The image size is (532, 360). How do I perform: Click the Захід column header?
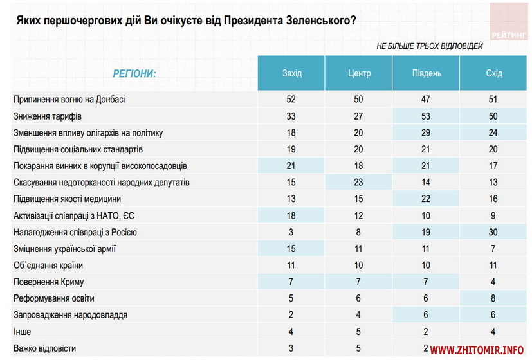[291, 73]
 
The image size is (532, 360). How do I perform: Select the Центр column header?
[359, 73]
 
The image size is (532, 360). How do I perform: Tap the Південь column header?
[427, 73]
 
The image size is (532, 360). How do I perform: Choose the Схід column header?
[494, 73]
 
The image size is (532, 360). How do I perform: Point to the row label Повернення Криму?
[49, 282]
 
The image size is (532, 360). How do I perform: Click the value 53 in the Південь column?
[427, 116]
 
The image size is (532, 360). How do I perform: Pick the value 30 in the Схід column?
[494, 232]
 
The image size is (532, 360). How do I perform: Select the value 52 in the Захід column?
[291, 100]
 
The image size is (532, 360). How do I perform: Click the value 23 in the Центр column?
[359, 183]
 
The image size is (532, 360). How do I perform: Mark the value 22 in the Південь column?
[427, 199]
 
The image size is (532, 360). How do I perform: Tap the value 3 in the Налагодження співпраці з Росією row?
[291, 232]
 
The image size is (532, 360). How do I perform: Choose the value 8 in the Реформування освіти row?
[494, 298]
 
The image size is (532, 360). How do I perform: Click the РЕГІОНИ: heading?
[134, 73]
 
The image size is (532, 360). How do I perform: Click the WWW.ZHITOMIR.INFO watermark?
[477, 350]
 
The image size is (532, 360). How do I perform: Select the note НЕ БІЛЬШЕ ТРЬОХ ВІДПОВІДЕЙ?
[429, 46]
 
